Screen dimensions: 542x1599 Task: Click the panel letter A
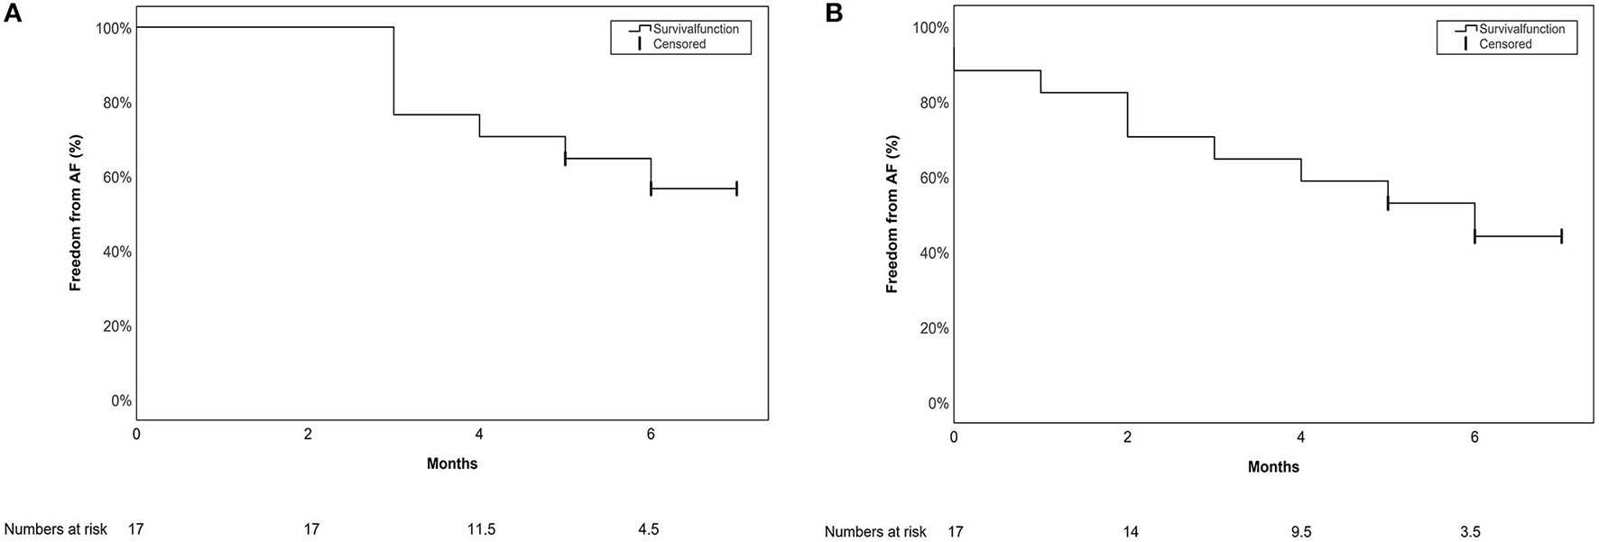(13, 15)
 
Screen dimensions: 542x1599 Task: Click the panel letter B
(834, 14)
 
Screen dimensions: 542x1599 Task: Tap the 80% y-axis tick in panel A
(114, 103)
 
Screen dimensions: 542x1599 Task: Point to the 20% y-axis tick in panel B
(931, 328)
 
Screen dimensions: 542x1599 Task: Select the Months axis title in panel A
(452, 464)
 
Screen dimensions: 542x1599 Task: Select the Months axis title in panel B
(1273, 467)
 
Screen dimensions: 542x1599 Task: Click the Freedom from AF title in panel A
(76, 212)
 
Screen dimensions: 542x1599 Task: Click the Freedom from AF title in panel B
(892, 215)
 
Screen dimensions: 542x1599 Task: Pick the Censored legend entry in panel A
(679, 44)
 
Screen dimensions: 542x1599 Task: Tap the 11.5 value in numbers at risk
(480, 529)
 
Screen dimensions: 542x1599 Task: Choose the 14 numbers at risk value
(1130, 532)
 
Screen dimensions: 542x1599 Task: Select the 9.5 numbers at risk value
(1300, 532)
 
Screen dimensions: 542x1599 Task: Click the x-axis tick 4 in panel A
(479, 435)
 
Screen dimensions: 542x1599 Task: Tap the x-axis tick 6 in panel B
(1474, 437)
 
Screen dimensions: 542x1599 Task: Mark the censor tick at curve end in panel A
(736, 188)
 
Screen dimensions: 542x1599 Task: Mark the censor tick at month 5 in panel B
(1388, 203)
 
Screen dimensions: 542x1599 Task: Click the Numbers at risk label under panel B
(875, 532)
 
